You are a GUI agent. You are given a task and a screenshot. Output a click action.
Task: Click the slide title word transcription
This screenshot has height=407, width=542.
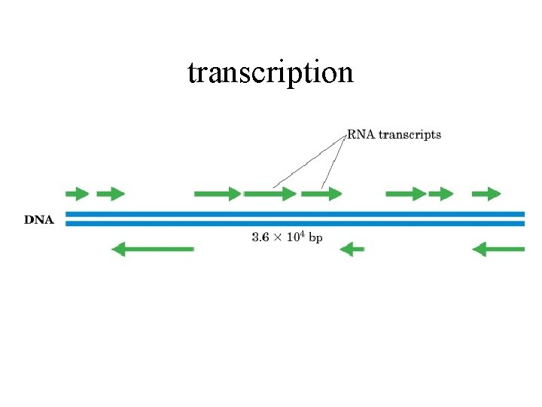point(270,72)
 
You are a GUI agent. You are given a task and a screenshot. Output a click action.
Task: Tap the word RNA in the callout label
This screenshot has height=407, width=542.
point(361,135)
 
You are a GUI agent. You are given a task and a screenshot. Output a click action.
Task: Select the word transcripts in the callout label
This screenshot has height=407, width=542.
point(410,136)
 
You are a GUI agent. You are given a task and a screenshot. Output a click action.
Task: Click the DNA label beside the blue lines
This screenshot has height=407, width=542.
point(39,220)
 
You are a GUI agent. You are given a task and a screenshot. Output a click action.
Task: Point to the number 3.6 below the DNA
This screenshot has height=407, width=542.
point(260,237)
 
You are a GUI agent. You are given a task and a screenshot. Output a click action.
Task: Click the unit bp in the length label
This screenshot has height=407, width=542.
point(316,237)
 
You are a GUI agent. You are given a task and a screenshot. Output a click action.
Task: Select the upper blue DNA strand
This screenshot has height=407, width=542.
point(294,214)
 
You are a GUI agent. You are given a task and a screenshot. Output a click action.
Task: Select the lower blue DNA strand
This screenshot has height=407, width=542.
point(294,223)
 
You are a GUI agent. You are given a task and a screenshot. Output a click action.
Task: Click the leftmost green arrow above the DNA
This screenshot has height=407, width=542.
point(78,194)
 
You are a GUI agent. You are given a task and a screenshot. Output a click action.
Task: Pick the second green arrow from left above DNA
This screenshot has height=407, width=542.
point(111,194)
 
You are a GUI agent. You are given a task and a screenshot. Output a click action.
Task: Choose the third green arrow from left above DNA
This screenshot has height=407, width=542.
point(218,194)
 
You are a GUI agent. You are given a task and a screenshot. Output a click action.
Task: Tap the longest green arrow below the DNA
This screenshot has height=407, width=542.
point(152,249)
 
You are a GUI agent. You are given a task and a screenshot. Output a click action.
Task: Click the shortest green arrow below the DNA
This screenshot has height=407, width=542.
point(352,249)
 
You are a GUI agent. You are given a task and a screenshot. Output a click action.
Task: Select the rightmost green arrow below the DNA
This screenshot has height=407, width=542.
point(498,249)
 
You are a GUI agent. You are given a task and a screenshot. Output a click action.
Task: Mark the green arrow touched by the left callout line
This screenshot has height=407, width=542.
point(270,194)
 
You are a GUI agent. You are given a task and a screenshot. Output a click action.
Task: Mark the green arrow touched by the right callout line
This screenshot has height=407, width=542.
point(321,194)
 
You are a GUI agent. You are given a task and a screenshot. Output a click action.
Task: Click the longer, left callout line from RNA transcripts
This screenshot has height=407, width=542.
point(309,161)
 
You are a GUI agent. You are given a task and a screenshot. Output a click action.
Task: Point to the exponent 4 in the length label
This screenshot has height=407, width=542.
point(304,234)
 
